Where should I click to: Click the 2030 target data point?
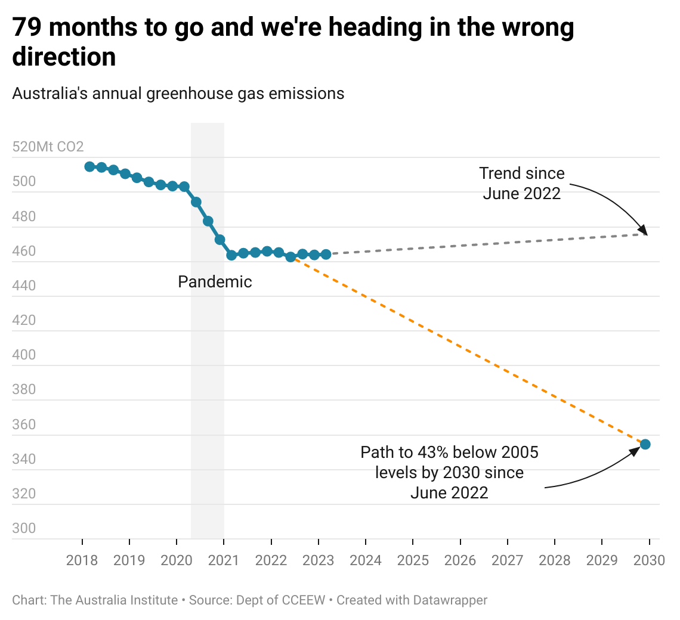pos(645,444)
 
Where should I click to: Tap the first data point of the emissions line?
pos(89,166)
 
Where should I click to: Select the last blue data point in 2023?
pos(326,255)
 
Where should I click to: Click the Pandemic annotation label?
pos(215,281)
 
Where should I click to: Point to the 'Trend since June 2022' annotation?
pos(521,183)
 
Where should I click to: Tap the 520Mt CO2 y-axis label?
pos(48,147)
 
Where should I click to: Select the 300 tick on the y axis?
pos(24,528)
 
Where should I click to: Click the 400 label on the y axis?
pos(24,355)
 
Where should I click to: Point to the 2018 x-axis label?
pos(82,561)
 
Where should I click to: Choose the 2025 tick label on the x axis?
pos(413,561)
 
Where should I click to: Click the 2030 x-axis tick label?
pos(649,561)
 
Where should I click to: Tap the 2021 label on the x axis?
pos(224,561)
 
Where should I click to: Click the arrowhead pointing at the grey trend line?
pos(644,230)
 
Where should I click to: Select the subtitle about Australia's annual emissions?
pos(178,94)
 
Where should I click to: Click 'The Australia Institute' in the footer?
pos(114,600)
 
